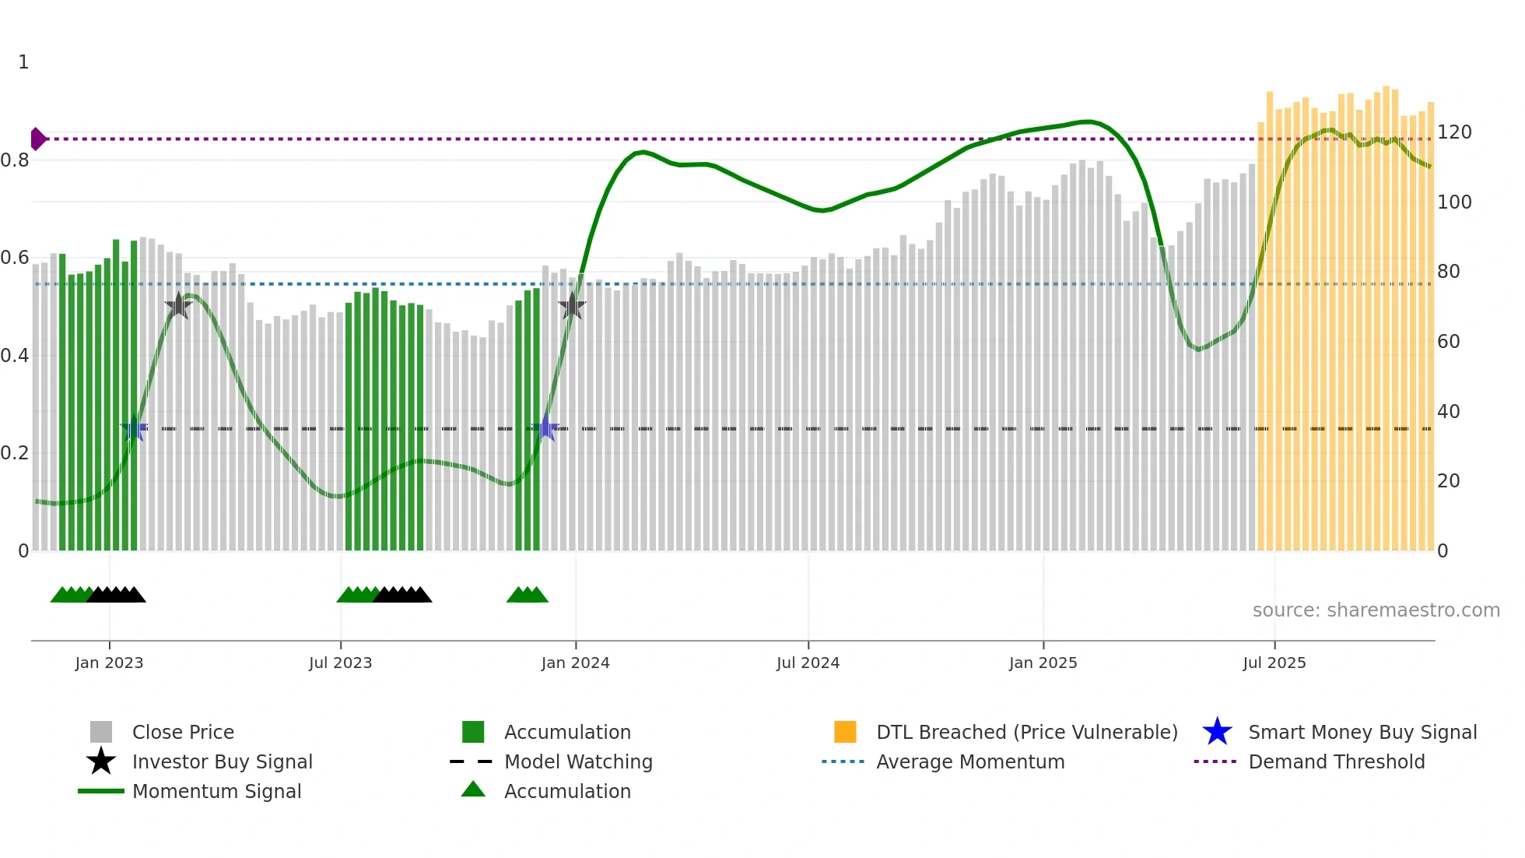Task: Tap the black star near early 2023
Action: coord(178,305)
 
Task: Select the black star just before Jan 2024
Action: coord(572,306)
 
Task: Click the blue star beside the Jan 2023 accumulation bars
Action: coord(134,428)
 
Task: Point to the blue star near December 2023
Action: coord(545,428)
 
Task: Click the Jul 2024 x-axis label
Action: coord(808,663)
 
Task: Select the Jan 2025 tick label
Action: coord(1043,663)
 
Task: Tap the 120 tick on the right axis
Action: coord(1453,132)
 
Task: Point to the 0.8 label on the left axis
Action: coord(15,160)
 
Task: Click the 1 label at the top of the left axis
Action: coord(23,62)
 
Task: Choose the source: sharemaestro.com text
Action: coord(1376,610)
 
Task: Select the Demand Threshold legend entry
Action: coord(1336,761)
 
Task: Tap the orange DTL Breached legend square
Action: coord(845,732)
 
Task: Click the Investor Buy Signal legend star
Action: coord(101,761)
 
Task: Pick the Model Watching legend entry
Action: coord(577,761)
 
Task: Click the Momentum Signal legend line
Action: coord(101,791)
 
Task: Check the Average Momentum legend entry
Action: coord(969,761)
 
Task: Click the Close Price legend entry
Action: coord(182,732)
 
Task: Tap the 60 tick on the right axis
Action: coord(1448,342)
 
